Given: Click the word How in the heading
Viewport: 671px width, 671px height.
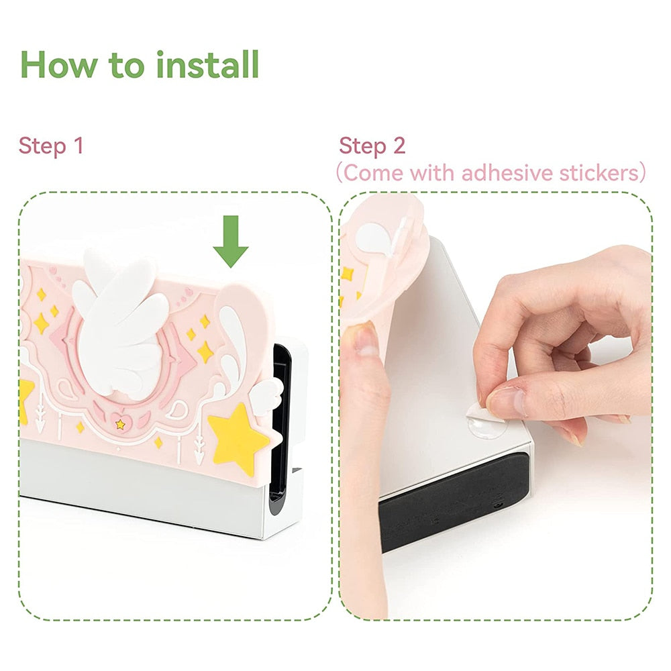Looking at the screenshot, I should click(x=59, y=64).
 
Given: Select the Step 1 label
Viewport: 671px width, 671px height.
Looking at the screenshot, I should click(x=51, y=146).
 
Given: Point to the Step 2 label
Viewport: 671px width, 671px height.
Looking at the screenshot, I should click(x=372, y=146).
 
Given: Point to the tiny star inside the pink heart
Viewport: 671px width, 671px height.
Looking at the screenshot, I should click(x=120, y=424).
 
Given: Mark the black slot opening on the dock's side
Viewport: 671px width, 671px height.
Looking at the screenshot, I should click(x=282, y=429).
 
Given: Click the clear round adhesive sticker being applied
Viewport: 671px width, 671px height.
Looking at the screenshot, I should click(x=486, y=421).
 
